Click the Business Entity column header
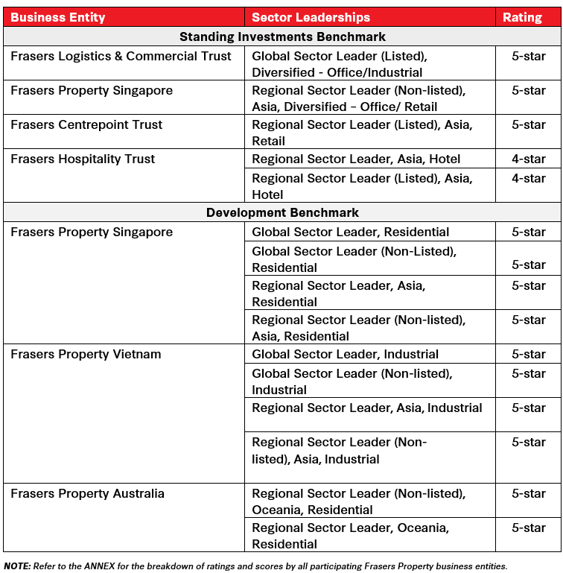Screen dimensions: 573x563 click(x=58, y=17)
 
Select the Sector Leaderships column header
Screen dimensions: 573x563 click(x=311, y=17)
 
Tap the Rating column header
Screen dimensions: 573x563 click(x=523, y=17)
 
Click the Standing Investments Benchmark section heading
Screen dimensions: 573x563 click(x=282, y=37)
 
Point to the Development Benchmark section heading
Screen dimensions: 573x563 click(x=282, y=212)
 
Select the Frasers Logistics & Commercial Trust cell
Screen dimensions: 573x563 click(x=121, y=57)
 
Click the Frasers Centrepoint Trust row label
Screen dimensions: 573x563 click(x=86, y=124)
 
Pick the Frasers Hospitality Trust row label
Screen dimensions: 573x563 click(x=83, y=159)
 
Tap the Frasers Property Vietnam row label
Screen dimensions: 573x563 click(x=86, y=354)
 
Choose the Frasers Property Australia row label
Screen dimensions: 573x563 click(x=87, y=493)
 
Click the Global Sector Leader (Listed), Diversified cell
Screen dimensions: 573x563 click(x=340, y=64)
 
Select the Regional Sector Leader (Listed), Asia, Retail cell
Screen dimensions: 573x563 click(x=362, y=133)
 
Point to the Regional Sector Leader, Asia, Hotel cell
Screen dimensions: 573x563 click(x=356, y=159)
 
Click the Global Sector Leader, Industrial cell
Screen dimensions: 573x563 click(x=345, y=354)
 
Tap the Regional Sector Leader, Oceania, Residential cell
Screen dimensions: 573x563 click(x=350, y=536)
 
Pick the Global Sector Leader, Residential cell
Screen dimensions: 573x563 click(x=350, y=232)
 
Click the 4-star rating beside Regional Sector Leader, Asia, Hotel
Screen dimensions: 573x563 click(x=529, y=159)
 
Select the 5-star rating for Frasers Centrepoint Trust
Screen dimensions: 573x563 click(x=529, y=124)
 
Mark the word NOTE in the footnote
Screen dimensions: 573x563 click(x=17, y=566)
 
